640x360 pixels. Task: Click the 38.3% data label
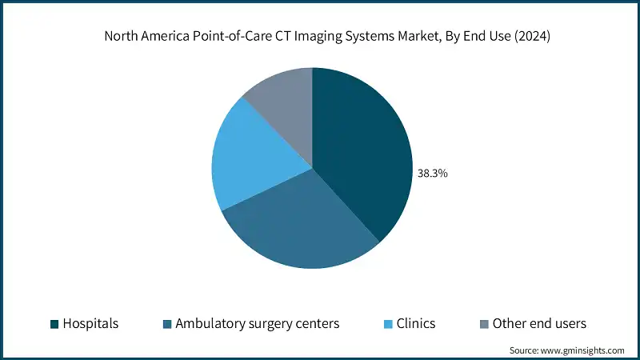pyautogui.click(x=433, y=172)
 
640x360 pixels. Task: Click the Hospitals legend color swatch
pyautogui.click(x=54, y=324)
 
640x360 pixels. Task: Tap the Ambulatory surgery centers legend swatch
pyautogui.click(x=166, y=324)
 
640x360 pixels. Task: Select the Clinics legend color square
pyautogui.click(x=388, y=324)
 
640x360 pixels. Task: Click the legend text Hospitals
pyautogui.click(x=92, y=324)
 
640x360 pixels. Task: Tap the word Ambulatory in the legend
pyautogui.click(x=210, y=324)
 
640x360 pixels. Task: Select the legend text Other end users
pyautogui.click(x=539, y=324)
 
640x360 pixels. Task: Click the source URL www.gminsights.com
pyautogui.click(x=585, y=350)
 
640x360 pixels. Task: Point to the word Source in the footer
pyautogui.click(x=525, y=350)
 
